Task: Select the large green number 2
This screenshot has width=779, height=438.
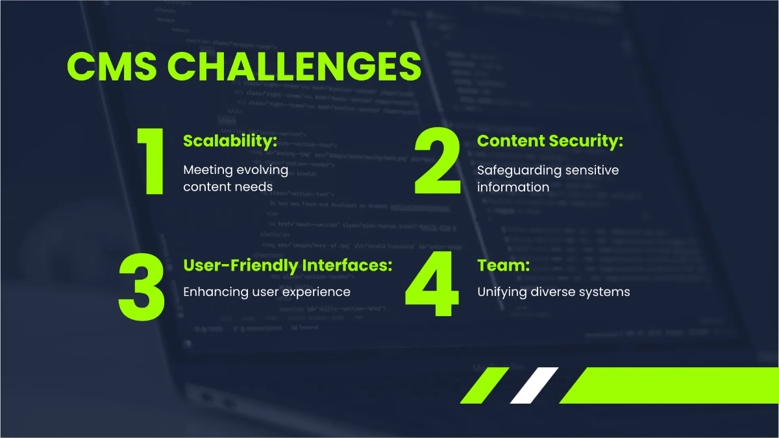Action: coord(438,162)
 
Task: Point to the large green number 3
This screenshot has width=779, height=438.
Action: coord(142,286)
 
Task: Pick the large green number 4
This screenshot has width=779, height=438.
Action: coord(429,286)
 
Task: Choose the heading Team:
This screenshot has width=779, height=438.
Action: coord(504,265)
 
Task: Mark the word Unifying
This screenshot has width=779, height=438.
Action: coord(503,292)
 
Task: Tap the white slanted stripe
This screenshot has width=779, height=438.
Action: coord(534,385)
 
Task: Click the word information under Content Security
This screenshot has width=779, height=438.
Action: coord(513,187)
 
